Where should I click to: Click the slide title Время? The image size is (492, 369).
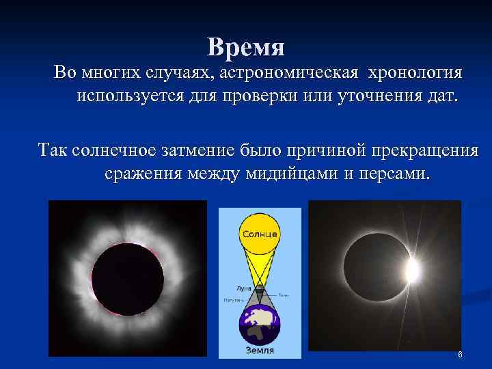tap(246, 46)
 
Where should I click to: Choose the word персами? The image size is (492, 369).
tap(393, 173)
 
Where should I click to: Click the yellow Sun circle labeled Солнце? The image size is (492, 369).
tap(259, 234)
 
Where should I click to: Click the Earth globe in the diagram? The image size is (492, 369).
tap(259, 326)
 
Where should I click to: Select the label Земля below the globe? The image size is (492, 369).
tap(259, 351)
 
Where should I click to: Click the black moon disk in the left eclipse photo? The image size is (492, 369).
tap(128, 278)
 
